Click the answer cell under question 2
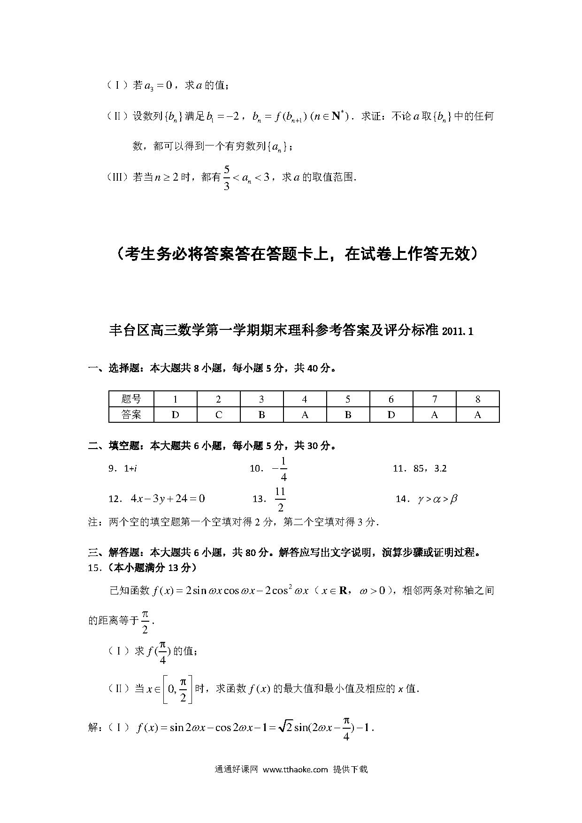coord(218,415)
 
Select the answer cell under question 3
coord(261,415)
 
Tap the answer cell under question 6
coord(391,415)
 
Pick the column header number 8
coord(478,399)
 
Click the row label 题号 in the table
coord(131,399)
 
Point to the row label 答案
coord(131,415)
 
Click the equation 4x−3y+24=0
coord(168,499)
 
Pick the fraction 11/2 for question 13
coord(280,499)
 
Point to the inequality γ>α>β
coord(437,499)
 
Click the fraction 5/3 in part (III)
coord(227,177)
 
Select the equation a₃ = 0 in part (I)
coord(159,85)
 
